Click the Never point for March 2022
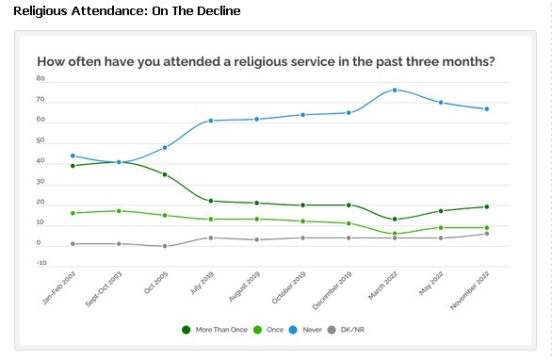click(395, 90)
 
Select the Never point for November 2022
click(486, 108)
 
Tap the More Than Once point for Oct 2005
click(165, 174)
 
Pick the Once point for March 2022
click(395, 234)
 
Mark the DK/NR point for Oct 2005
click(165, 246)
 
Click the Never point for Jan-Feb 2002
click(73, 155)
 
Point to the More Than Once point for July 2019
click(211, 201)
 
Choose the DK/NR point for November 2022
click(486, 233)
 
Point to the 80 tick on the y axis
click(41, 79)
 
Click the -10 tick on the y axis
click(40, 264)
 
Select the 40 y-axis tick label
click(41, 161)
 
